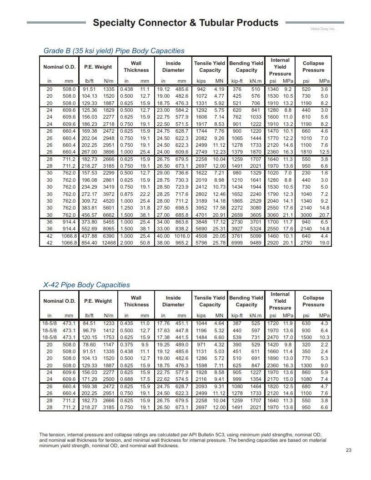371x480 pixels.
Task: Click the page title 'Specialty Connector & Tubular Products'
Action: coord(185,22)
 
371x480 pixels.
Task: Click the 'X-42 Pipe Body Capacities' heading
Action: coord(86,285)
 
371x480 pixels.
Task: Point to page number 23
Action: coord(348,450)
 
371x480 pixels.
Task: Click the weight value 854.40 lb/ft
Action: coord(89,243)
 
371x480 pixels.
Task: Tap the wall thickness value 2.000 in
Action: coord(126,243)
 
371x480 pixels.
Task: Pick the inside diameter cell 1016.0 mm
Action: coord(181,236)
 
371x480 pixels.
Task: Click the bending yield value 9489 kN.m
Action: coord(255,243)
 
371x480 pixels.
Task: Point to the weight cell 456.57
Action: coord(89,215)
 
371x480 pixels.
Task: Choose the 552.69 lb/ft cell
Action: coord(89,229)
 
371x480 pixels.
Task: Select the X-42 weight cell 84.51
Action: coord(89,324)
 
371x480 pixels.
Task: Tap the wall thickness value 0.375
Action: coord(126,345)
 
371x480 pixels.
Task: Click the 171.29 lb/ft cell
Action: coord(89,380)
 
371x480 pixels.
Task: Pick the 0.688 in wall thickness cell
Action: coord(126,380)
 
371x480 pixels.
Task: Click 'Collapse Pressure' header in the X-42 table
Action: coord(313,301)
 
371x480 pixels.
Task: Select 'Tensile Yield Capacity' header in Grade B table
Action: coord(210,67)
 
